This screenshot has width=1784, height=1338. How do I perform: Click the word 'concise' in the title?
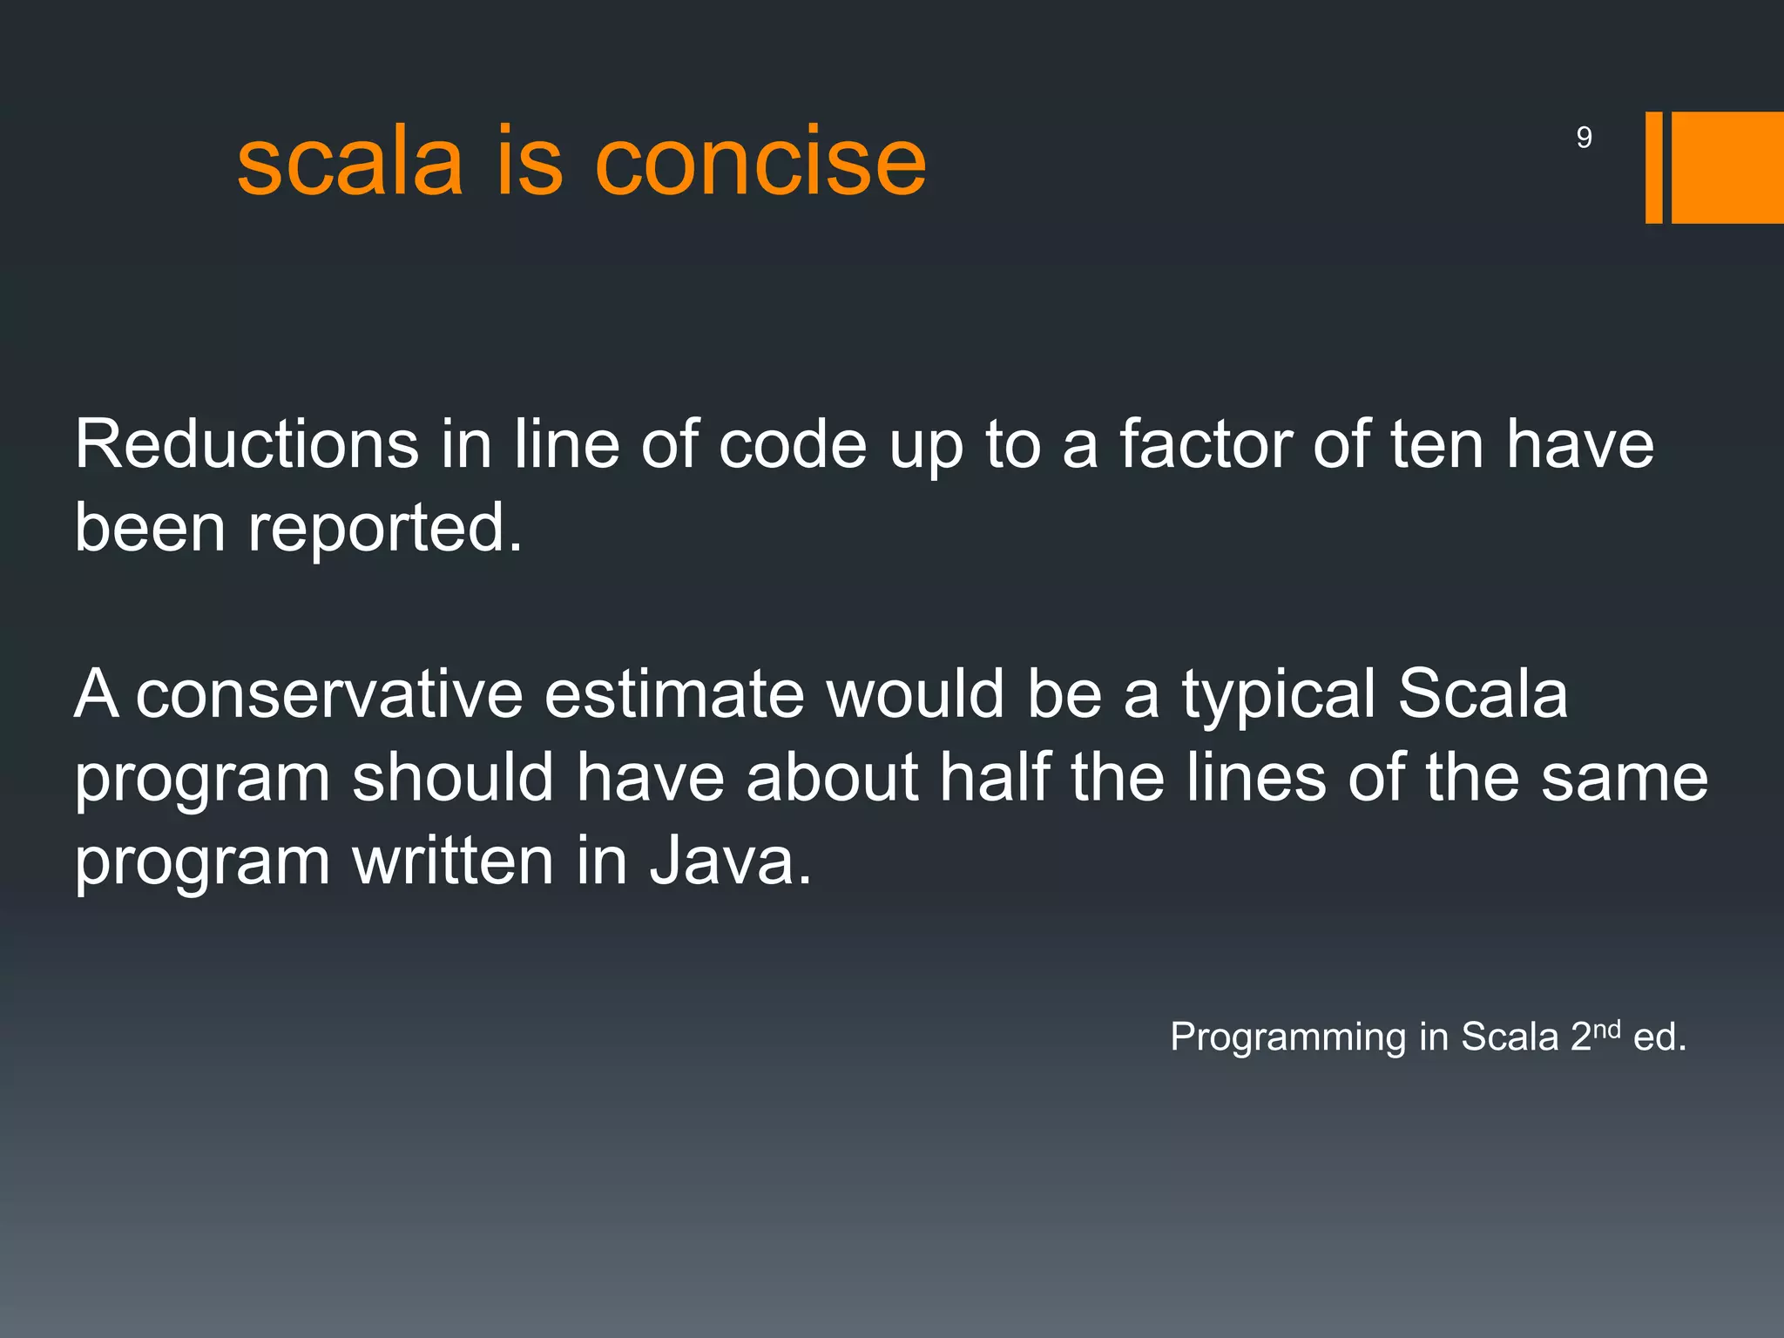tap(760, 162)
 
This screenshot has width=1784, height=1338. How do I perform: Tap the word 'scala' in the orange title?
tap(349, 162)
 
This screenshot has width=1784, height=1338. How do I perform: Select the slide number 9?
tap(1584, 138)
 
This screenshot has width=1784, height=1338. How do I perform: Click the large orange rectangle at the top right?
tap(1727, 167)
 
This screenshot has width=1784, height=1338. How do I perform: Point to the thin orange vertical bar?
tap(1653, 167)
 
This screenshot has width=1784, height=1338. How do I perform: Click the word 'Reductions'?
tap(246, 444)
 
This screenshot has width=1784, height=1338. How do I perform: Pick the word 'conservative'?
tap(329, 694)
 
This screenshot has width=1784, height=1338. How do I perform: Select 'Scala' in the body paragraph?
tap(1483, 694)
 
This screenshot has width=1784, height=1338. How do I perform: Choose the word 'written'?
tap(452, 861)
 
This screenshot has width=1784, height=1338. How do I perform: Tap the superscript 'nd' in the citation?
tap(1606, 1029)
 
